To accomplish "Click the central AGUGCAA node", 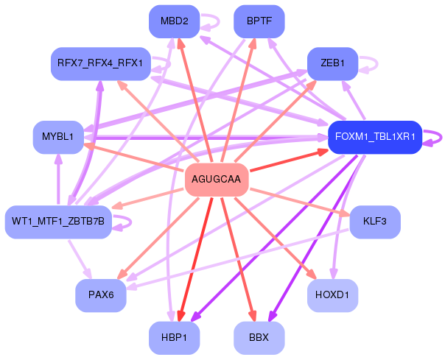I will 216,180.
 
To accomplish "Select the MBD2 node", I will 174,21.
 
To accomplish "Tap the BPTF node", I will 259,21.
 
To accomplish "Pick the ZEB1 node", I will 333,63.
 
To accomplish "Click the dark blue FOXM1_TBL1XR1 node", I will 375,137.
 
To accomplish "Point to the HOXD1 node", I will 333,295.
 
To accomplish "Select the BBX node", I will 259,338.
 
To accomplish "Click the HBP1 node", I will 174,338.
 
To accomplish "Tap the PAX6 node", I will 100,295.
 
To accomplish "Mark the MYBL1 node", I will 57,137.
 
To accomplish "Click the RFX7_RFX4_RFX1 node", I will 101,63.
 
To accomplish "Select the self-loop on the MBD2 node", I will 214,21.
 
